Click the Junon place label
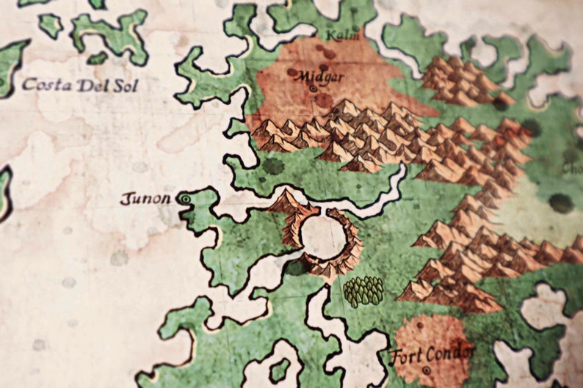tap(145, 198)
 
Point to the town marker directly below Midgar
tap(314, 89)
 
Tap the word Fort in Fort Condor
tap(407, 356)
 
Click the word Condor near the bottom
tap(449, 354)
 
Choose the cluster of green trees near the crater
tap(363, 290)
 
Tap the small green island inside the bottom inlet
tap(280, 369)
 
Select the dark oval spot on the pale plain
tap(561, 202)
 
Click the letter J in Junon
tap(125, 198)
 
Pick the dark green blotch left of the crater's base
tap(296, 268)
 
